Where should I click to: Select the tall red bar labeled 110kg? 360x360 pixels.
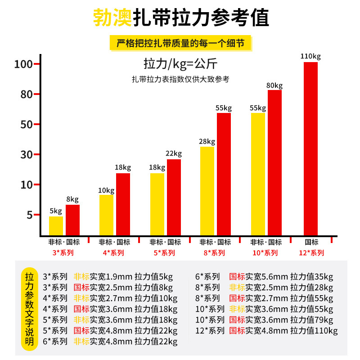[x=310, y=148]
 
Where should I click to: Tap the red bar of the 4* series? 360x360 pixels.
[x=123, y=204]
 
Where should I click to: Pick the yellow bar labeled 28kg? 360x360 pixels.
[x=207, y=191]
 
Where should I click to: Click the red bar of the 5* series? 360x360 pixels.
[x=174, y=198]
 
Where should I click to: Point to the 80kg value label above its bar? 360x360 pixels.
[x=274, y=85]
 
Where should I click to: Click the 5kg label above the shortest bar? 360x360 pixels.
[x=56, y=211]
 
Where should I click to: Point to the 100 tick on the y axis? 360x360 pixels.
[x=23, y=64]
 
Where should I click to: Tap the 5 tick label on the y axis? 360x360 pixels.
[x=29, y=215]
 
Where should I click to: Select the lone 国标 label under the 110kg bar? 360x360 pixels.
[x=311, y=242]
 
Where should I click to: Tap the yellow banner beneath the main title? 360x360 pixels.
[x=180, y=44]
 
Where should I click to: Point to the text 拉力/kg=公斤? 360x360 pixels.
[x=180, y=63]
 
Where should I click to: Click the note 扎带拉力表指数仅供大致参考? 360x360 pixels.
[x=180, y=79]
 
